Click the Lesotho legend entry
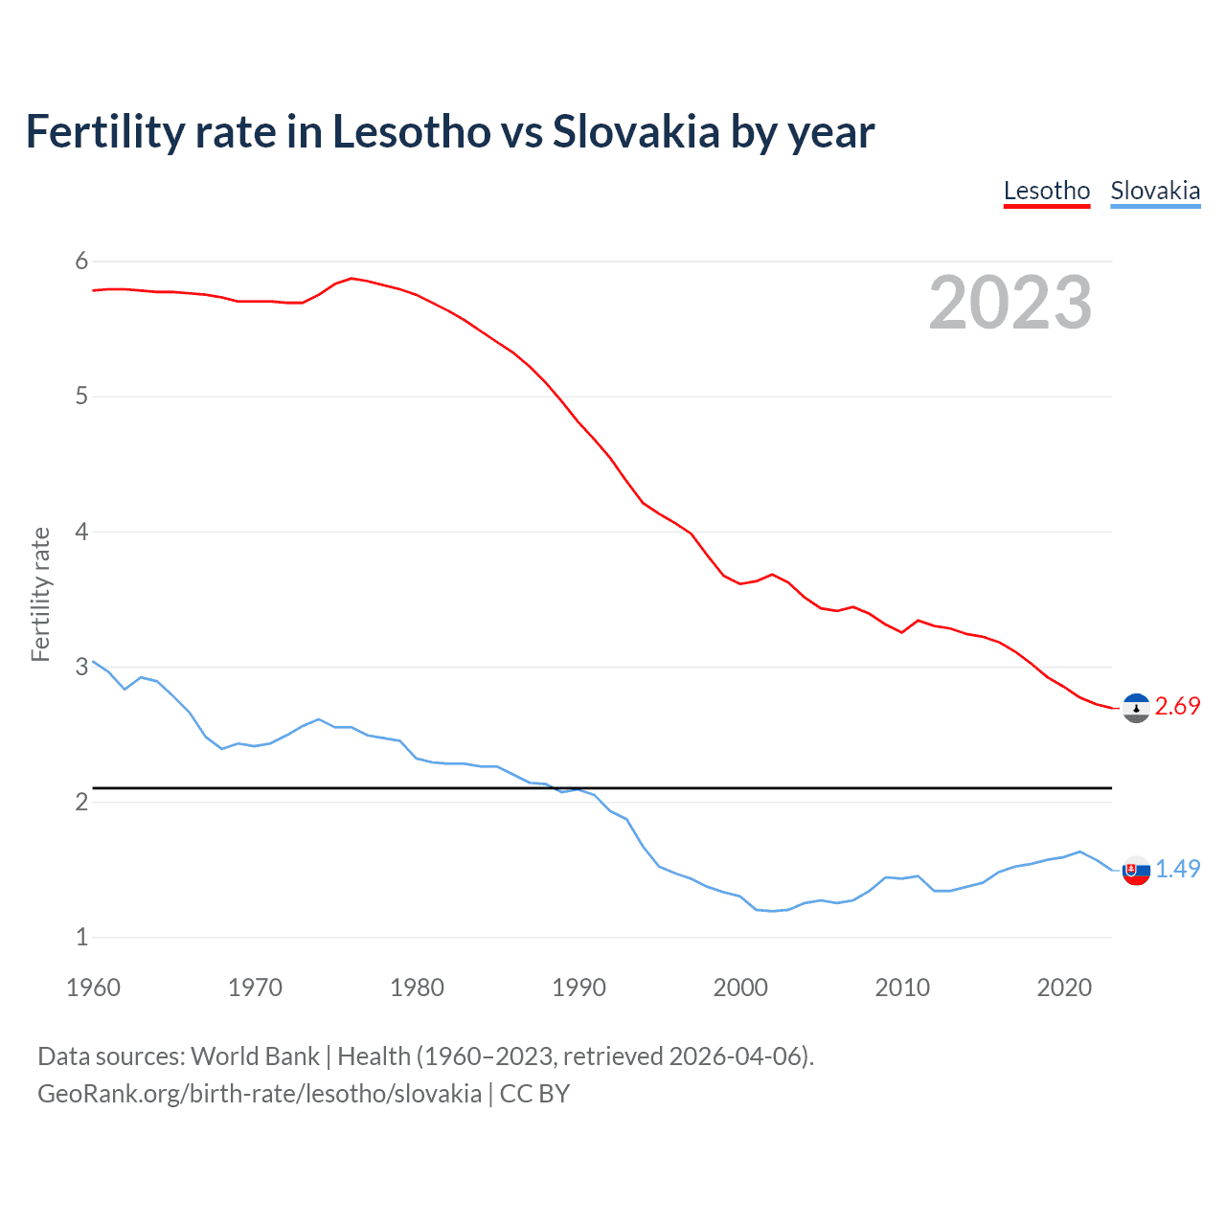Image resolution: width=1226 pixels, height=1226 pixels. point(1046,191)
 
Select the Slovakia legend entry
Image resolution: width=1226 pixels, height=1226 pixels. point(1155,191)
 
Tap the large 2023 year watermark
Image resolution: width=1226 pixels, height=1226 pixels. point(1010,303)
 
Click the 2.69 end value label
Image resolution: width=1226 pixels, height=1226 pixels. point(1177,707)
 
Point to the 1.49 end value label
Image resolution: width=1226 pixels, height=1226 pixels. point(1177,869)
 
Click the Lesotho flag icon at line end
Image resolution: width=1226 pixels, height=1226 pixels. point(1136,708)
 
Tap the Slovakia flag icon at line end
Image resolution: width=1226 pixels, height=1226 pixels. point(1136,871)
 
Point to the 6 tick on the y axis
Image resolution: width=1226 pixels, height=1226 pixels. point(81,261)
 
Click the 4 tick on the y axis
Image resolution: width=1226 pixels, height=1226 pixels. point(81,532)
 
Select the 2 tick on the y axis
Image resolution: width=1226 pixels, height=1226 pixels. point(81,802)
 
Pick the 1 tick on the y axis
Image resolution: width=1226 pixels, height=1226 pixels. point(81,937)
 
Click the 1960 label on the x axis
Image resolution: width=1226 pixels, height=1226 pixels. point(93,988)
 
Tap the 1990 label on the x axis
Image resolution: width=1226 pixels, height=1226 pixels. point(579,988)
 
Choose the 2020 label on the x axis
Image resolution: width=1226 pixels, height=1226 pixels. point(1064,988)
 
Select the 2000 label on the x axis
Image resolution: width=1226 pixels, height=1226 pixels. point(740,988)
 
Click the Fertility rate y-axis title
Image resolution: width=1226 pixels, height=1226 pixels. point(40,594)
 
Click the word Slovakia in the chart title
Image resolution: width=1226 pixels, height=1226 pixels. point(636,132)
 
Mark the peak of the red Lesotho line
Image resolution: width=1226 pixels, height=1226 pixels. point(352,278)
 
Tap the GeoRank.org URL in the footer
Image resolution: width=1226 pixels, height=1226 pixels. point(260,1094)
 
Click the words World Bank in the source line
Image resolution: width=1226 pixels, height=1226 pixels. point(255,1056)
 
